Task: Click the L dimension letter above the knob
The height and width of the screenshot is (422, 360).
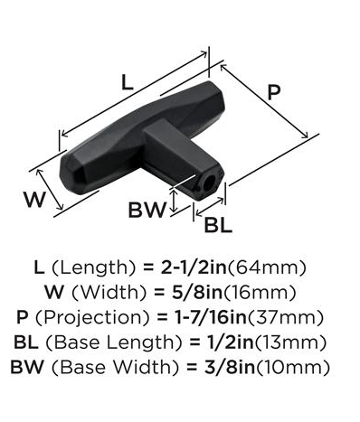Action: click(x=127, y=82)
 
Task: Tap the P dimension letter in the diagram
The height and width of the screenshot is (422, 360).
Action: click(x=274, y=92)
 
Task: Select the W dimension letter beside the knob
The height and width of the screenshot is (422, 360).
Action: click(x=35, y=200)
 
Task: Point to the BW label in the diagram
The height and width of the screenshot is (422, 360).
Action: click(x=147, y=210)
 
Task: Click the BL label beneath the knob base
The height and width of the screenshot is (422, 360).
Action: click(x=218, y=225)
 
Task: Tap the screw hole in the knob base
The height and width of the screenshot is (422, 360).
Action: click(x=208, y=183)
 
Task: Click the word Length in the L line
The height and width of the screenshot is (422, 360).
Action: click(x=93, y=267)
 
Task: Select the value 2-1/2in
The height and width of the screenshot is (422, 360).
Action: click(x=194, y=267)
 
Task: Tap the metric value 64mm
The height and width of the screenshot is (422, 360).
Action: click(x=267, y=267)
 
